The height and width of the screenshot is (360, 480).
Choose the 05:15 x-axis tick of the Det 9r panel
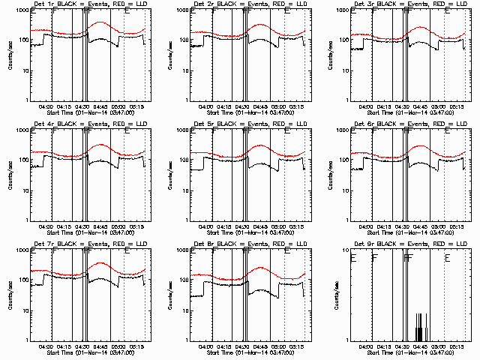457,346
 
